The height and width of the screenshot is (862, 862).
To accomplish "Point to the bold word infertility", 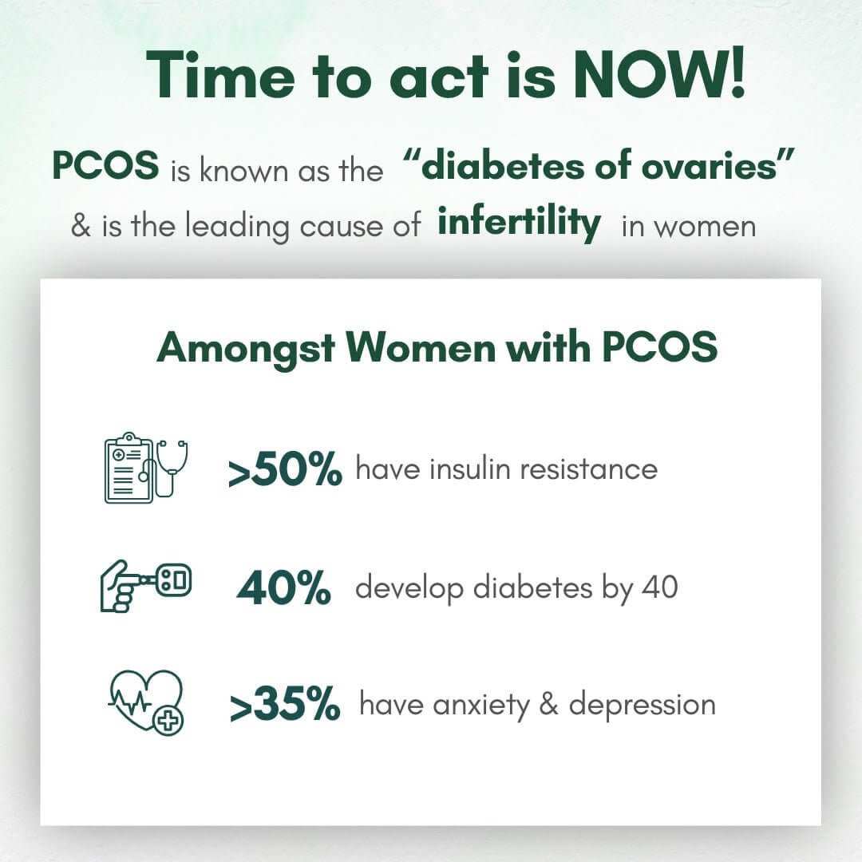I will tap(519, 223).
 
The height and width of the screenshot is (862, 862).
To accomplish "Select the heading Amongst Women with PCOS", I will tap(437, 348).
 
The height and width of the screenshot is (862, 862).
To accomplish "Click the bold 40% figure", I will tap(283, 589).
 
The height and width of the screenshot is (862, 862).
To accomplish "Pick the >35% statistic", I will tap(285, 706).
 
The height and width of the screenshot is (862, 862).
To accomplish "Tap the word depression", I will tap(642, 706).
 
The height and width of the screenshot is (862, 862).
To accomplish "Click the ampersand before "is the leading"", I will tap(81, 226).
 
